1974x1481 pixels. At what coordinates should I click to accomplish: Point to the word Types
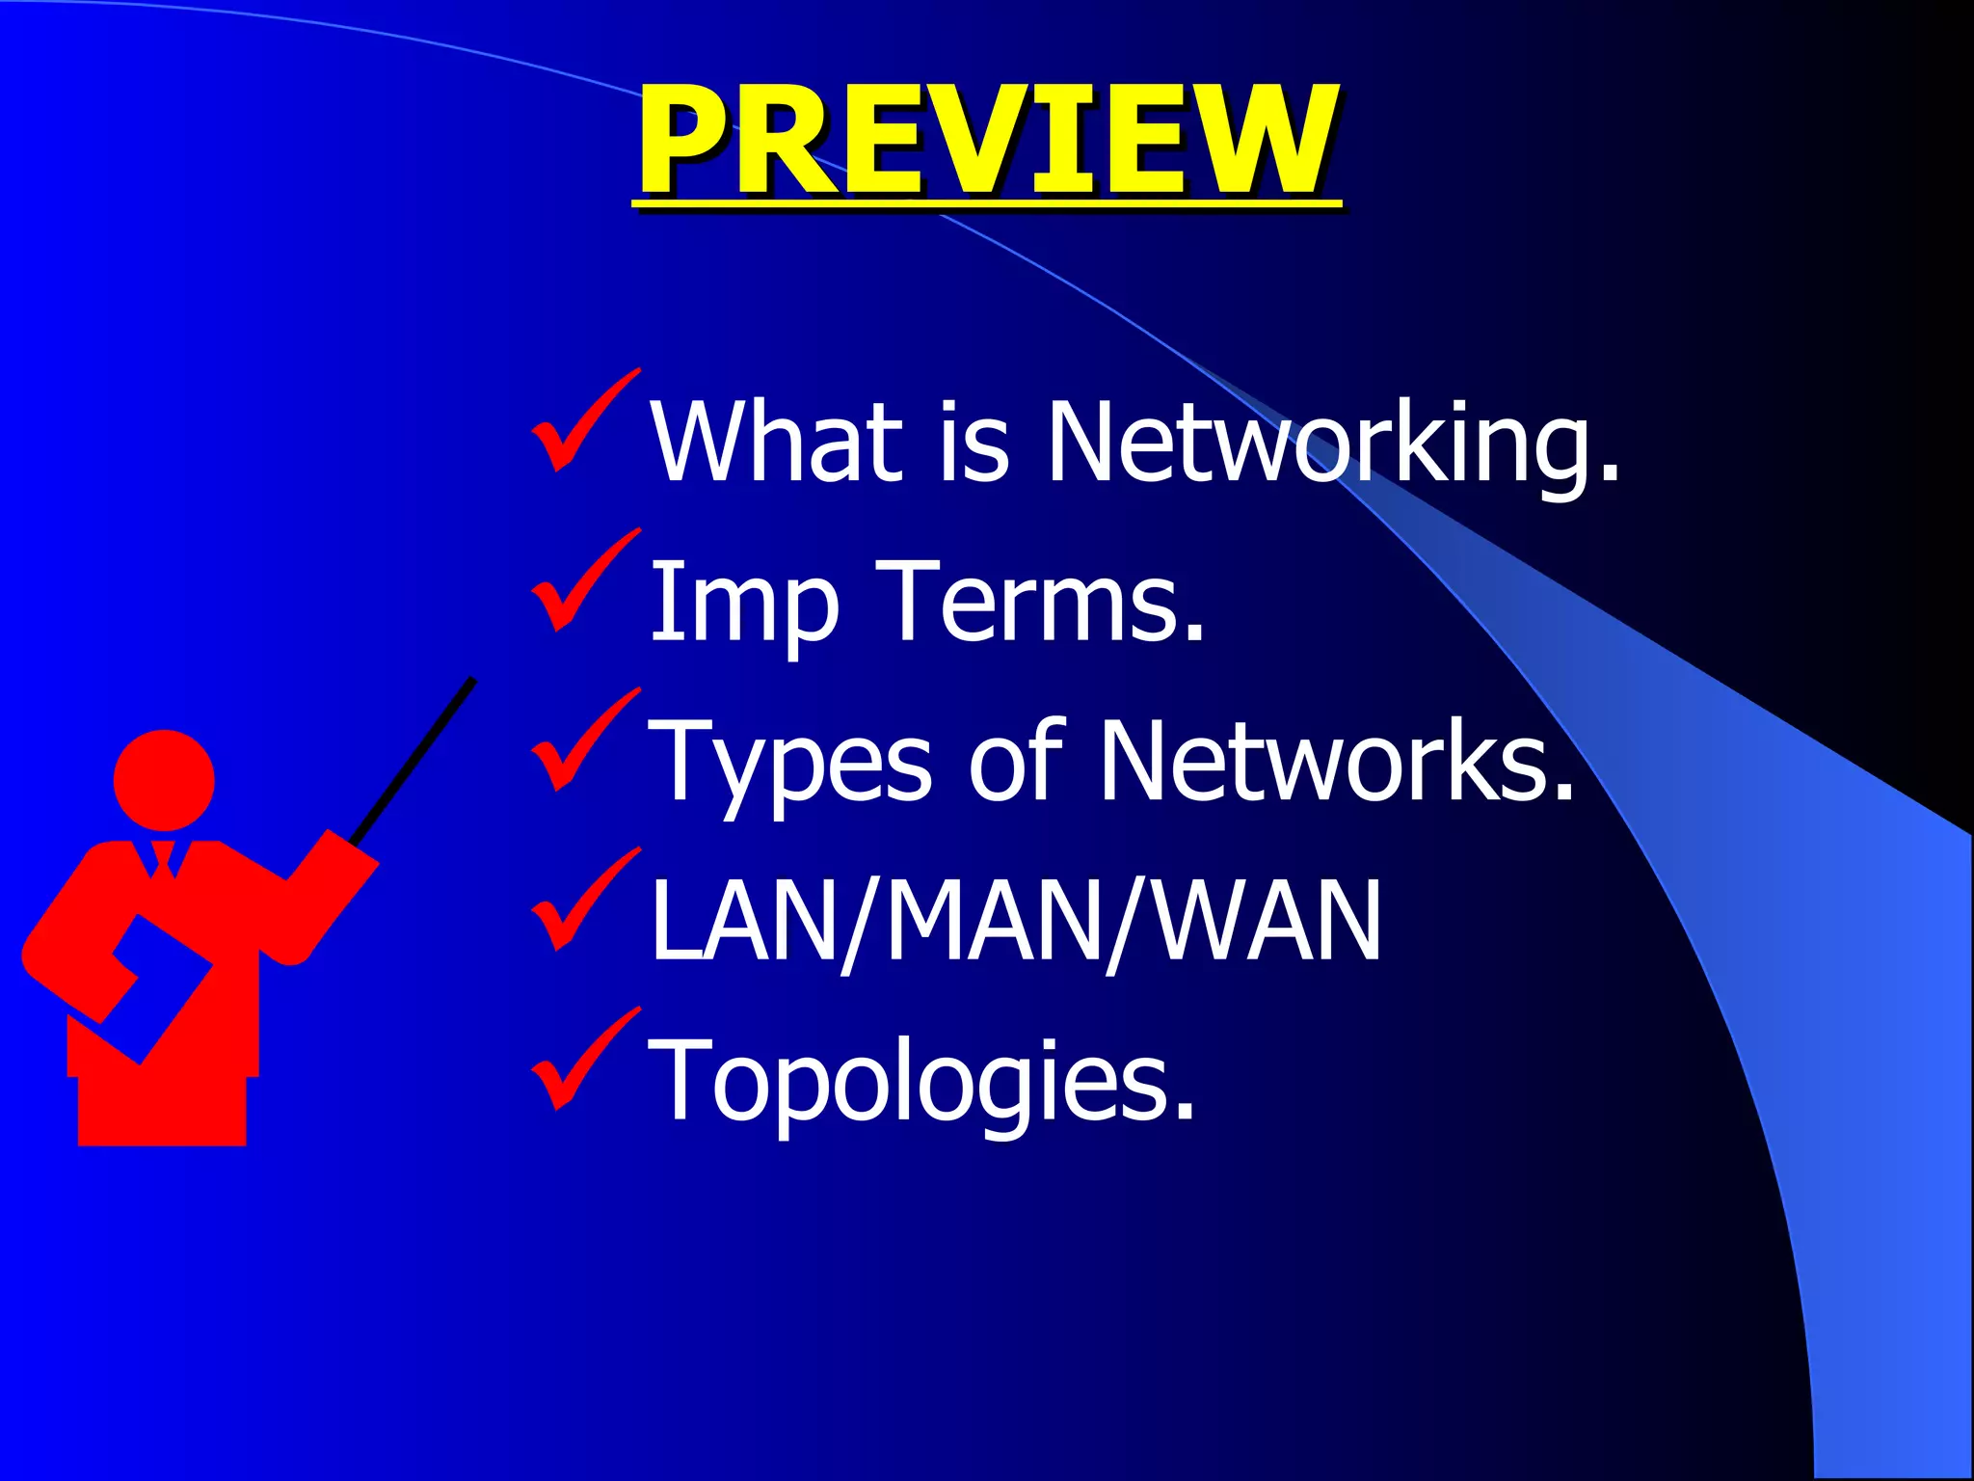[790, 762]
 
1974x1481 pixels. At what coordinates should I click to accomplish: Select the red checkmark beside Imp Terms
[582, 582]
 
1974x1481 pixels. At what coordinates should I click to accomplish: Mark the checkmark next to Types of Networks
[582, 742]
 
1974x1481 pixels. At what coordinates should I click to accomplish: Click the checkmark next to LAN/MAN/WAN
[582, 902]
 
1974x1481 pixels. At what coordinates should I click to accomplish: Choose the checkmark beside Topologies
[582, 1061]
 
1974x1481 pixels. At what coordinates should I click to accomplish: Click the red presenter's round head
[164, 779]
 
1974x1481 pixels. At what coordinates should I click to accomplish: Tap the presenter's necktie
[163, 858]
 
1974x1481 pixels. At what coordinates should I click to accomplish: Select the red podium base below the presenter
[162, 1109]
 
